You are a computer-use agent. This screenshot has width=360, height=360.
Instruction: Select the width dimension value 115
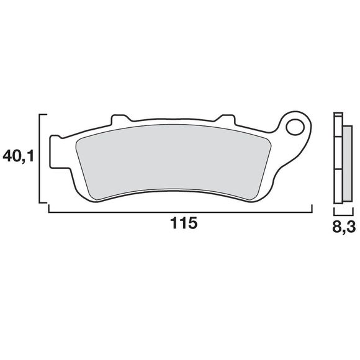184,224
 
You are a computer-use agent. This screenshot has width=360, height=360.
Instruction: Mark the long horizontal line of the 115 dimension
180,212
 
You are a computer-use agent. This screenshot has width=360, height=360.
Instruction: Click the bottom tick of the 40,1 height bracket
43,202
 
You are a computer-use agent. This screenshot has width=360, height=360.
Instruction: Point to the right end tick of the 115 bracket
311,209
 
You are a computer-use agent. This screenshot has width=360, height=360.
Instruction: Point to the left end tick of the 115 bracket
48,209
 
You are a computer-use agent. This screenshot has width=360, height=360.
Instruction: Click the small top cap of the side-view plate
338,116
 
